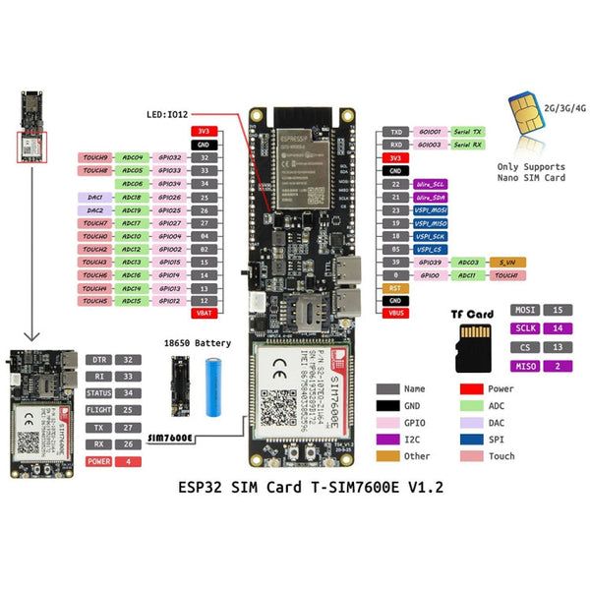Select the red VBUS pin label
click(395, 313)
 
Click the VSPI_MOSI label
click(431, 209)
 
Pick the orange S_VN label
click(507, 263)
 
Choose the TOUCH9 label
click(95, 157)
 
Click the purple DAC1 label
click(95, 197)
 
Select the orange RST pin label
click(395, 288)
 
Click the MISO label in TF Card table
click(523, 366)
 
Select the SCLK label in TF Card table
click(523, 328)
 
